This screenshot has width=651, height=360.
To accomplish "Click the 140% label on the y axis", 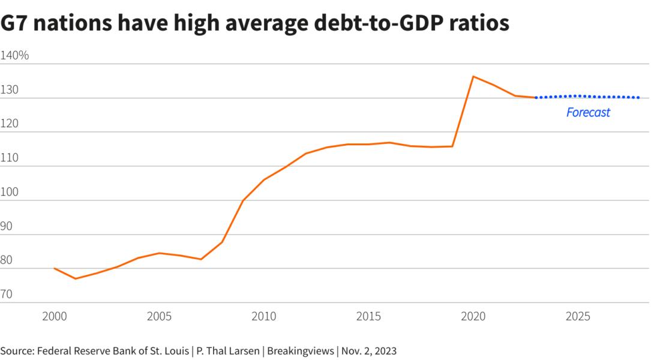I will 15,56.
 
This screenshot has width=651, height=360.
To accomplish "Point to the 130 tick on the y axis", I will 11,90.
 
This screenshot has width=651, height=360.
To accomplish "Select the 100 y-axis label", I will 11,193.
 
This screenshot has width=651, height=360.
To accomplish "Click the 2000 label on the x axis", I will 55,316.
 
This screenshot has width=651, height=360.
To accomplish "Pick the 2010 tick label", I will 263,316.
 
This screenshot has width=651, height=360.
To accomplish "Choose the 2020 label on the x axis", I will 473,316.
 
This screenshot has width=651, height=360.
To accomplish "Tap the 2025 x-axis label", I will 577,316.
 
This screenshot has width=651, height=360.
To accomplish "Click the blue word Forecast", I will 588,112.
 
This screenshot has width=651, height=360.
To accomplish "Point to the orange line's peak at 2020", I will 473,76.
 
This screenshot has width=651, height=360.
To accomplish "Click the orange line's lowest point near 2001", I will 76,278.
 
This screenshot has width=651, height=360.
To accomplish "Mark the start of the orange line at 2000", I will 55,268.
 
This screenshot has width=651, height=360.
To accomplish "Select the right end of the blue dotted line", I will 639,97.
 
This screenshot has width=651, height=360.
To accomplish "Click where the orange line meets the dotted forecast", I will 535,97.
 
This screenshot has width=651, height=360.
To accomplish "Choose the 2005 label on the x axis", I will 159,316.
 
